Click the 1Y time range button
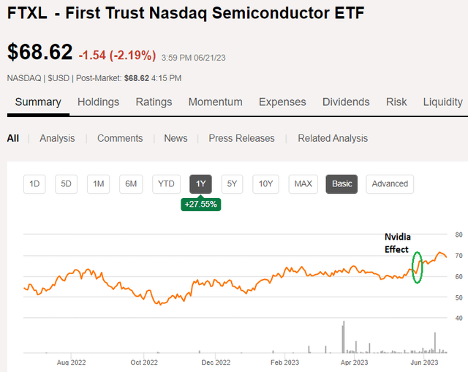click(x=200, y=183)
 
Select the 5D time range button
click(x=66, y=183)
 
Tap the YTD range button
click(x=166, y=183)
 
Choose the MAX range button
click(x=303, y=183)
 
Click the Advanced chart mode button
click(x=390, y=183)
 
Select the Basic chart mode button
click(x=341, y=183)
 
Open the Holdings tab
click(x=98, y=102)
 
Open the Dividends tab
click(x=346, y=102)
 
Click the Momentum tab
click(x=216, y=102)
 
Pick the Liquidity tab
click(x=442, y=102)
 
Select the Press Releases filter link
click(x=241, y=138)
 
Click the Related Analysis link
click(x=333, y=138)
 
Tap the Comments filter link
click(x=120, y=138)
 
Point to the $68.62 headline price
click(x=40, y=53)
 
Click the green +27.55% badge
click(x=200, y=205)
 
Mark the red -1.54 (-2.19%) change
click(x=117, y=55)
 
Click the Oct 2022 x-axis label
click(x=144, y=362)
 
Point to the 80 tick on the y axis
click(x=459, y=235)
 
